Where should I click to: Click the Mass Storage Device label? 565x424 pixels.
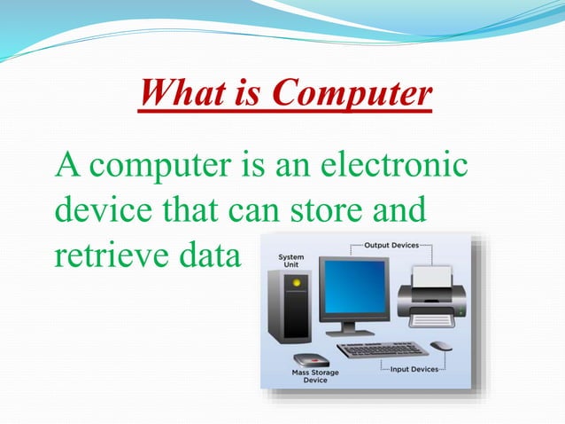(x=315, y=376)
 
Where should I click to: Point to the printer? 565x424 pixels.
(x=431, y=297)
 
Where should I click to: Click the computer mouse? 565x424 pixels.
(x=440, y=345)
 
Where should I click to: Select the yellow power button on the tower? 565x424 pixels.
(x=297, y=283)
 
